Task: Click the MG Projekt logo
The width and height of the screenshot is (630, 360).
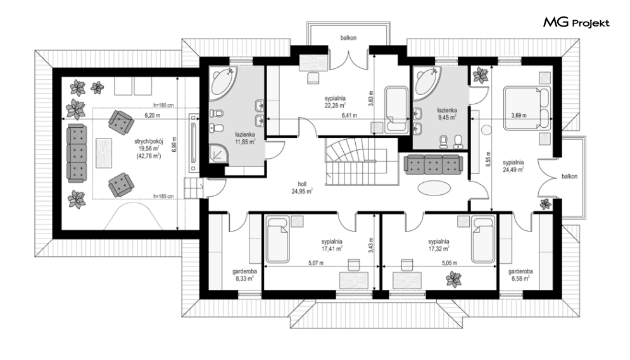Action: tap(576, 23)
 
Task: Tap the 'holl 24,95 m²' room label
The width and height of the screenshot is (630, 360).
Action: tap(302, 188)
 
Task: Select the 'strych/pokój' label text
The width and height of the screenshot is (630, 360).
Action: tap(149, 141)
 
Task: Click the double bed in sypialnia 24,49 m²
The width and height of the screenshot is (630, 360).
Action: tap(527, 108)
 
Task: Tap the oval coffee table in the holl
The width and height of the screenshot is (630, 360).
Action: tap(434, 188)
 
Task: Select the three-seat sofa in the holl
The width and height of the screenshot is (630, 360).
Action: tap(434, 165)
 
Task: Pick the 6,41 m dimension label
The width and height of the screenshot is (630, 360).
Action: tap(349, 116)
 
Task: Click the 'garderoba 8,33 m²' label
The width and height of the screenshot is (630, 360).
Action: tap(244, 275)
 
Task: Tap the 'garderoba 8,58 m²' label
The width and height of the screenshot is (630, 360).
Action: tap(520, 275)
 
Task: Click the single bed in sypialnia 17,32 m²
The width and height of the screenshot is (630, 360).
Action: tap(483, 239)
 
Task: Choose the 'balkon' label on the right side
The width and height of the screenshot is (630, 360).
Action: tap(569, 176)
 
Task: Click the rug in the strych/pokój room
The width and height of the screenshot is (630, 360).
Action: tap(104, 153)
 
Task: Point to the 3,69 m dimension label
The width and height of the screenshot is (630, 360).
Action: tap(519, 116)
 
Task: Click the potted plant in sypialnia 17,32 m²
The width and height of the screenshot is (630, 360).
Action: tap(453, 279)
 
